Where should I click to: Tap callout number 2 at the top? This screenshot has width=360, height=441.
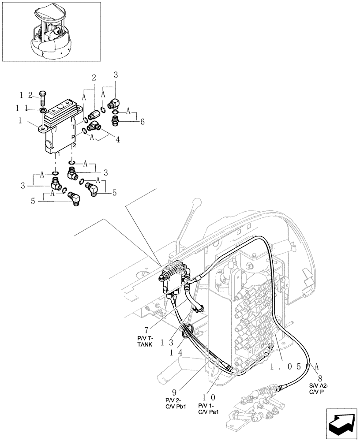tap(94, 78)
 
